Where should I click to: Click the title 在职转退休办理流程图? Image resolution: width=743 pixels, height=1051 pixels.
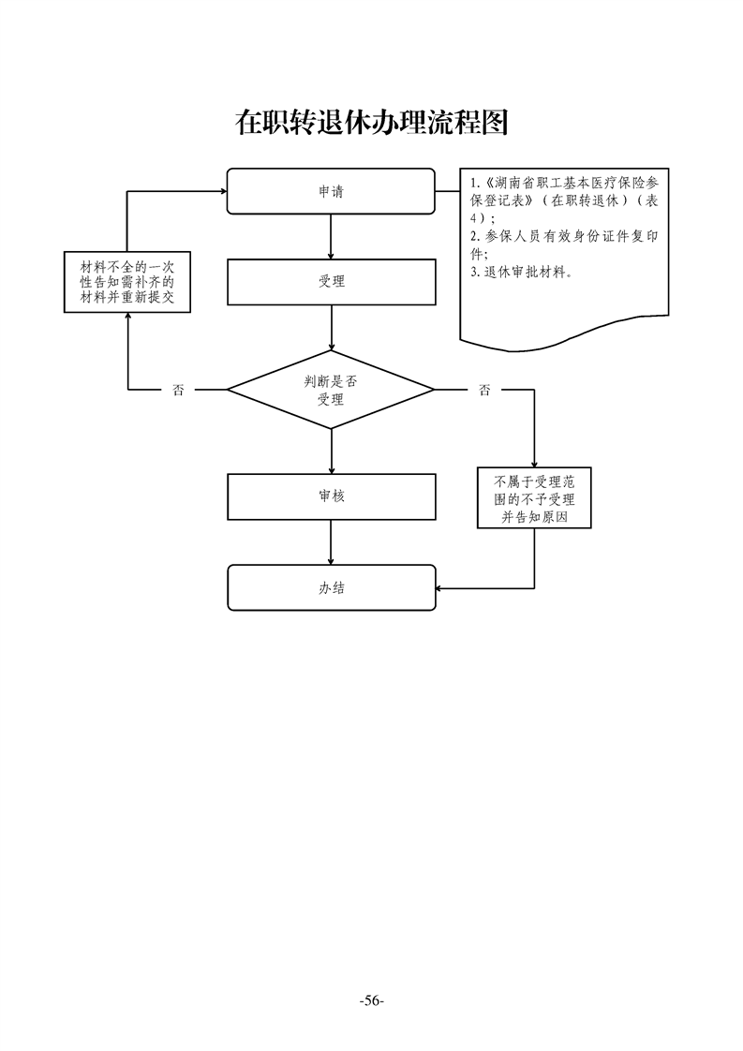coord(371,123)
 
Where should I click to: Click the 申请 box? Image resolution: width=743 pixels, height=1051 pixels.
coord(331,191)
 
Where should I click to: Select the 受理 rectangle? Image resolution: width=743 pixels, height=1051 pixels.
coord(331,282)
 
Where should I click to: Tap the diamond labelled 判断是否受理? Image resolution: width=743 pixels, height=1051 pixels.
coord(331,390)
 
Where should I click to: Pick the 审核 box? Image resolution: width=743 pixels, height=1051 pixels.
coord(331,496)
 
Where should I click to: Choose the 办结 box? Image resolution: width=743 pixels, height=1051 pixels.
coord(331,587)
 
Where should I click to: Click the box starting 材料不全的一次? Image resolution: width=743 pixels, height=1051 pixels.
coord(127,282)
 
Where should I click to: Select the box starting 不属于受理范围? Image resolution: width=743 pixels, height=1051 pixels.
coord(534,497)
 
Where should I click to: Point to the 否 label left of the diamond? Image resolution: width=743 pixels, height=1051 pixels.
coord(178,391)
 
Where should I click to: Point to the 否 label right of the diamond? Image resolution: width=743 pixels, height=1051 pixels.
coord(483,391)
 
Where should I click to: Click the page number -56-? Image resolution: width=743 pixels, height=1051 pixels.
coord(371,1001)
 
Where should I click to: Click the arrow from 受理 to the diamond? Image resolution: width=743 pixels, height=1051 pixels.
coord(332,329)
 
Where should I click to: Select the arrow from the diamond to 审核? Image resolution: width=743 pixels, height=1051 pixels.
coord(332,452)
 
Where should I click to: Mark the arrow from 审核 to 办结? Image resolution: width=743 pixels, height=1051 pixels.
coord(332,542)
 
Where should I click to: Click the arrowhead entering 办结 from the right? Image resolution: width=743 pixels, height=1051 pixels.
coord(441,588)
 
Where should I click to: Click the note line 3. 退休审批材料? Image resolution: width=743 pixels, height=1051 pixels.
coord(523,273)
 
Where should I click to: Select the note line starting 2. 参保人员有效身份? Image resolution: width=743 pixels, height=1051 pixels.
coord(564,237)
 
